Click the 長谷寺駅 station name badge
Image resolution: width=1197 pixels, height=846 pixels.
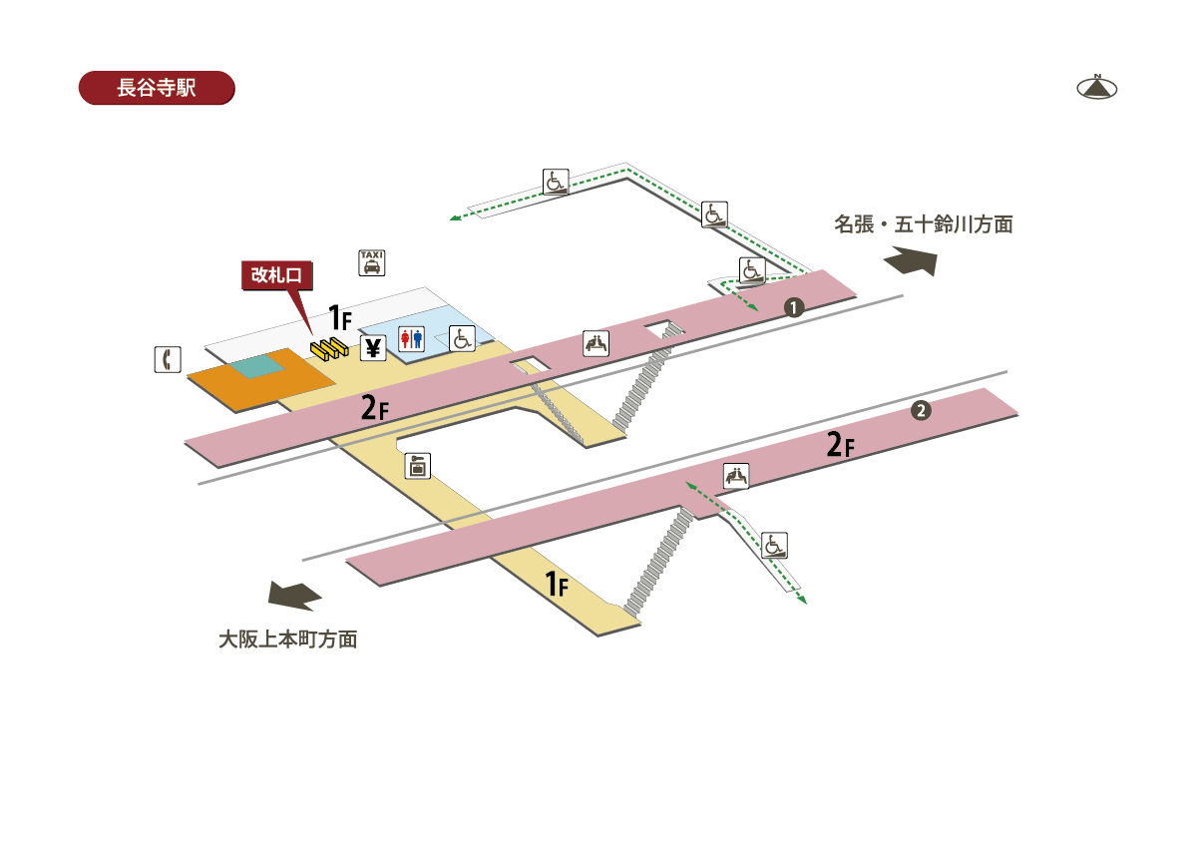(157, 88)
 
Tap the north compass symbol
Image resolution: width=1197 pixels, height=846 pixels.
(1096, 88)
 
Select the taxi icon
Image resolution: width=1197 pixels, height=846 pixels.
(371, 262)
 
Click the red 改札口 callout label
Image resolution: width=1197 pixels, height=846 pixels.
(277, 275)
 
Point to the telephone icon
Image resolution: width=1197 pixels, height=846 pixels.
(168, 359)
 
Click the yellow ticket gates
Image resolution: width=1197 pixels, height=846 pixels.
(329, 348)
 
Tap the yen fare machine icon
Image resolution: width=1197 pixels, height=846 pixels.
(373, 348)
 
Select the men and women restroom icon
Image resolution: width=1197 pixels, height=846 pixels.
(411, 339)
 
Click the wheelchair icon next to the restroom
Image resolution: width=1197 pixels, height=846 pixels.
(462, 338)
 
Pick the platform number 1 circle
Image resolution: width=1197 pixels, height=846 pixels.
(794, 307)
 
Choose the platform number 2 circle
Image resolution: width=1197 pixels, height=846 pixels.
(921, 410)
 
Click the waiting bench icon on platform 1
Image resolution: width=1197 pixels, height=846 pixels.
(596, 343)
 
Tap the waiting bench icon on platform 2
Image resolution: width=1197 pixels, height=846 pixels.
(736, 476)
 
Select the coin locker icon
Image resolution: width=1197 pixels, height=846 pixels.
(417, 466)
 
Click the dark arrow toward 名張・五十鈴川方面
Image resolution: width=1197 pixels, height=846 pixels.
(911, 260)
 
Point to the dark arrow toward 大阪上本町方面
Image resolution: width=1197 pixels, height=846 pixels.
(294, 596)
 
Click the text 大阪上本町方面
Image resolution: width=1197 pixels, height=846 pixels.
(288, 639)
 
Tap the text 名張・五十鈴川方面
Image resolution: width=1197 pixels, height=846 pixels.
(924, 224)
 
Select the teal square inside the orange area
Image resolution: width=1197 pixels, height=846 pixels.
(257, 365)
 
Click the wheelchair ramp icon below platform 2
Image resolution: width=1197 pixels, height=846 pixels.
(774, 545)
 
